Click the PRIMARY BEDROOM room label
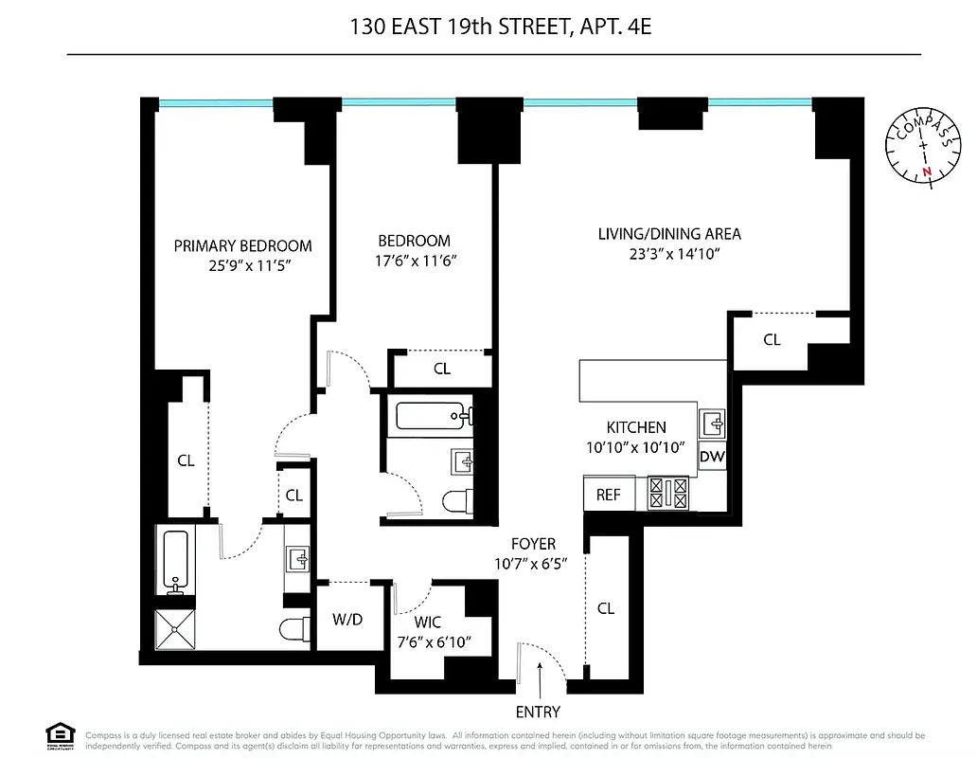[x=242, y=245]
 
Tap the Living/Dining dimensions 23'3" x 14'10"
[x=668, y=253]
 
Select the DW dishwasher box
[x=712, y=457]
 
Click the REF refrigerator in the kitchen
[x=608, y=494]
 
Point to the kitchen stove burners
[x=668, y=492]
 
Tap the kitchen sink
[x=712, y=420]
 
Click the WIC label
[x=428, y=623]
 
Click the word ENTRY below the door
[x=538, y=712]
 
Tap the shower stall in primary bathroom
[x=174, y=630]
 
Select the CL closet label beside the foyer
[x=606, y=608]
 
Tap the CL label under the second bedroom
[x=442, y=369]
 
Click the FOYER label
[x=533, y=544]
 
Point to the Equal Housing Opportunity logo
[x=60, y=734]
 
